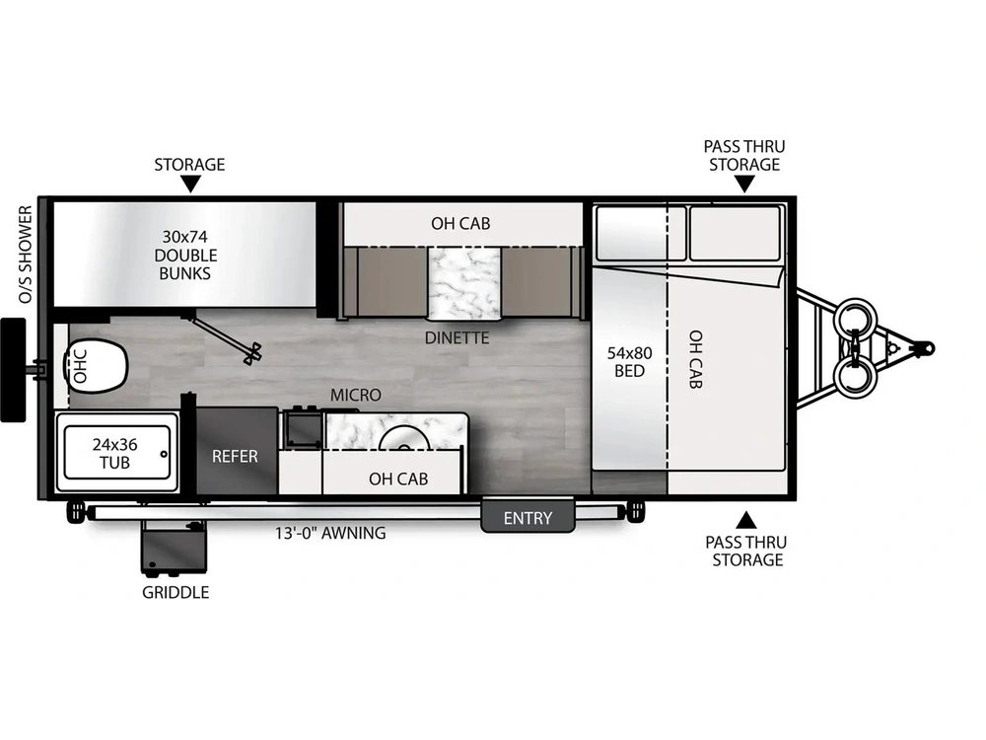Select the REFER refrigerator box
point(236,456)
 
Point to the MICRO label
point(355,395)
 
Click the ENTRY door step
point(528,517)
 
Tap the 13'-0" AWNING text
point(330,534)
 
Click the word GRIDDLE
point(176,592)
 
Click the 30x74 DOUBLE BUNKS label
point(184,255)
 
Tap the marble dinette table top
point(462,283)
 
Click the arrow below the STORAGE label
point(189,184)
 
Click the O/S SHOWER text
point(27,255)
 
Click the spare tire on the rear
point(13,369)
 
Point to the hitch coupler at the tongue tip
point(924,347)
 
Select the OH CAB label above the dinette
point(460,223)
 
